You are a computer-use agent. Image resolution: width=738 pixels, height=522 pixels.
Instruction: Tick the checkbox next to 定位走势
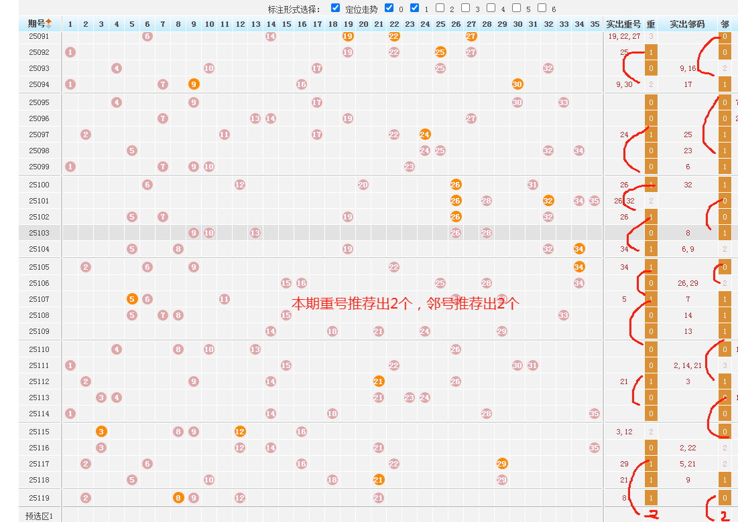(x=336, y=8)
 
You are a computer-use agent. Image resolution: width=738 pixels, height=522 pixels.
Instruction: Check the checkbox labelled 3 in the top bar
(x=466, y=8)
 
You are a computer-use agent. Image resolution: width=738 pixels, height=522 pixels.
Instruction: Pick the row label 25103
(x=39, y=233)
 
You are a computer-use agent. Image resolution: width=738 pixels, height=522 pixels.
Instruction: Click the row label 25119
(x=39, y=498)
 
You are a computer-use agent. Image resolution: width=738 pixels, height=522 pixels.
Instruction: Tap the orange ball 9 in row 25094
(x=194, y=84)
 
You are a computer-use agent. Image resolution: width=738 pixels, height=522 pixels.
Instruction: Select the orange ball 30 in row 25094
(x=517, y=84)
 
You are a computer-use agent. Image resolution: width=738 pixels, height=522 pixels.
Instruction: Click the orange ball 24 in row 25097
(x=425, y=135)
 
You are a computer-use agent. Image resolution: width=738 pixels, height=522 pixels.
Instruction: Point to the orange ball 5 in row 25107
(x=132, y=299)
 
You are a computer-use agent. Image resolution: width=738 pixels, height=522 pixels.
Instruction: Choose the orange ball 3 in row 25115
(x=101, y=432)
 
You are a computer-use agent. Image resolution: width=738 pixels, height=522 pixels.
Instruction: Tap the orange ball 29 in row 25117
(x=502, y=464)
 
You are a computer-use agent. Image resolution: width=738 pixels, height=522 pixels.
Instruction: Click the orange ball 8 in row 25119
(x=178, y=498)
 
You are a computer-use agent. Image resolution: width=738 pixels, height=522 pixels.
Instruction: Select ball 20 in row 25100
(x=363, y=185)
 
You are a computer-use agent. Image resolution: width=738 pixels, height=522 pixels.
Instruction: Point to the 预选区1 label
(x=39, y=516)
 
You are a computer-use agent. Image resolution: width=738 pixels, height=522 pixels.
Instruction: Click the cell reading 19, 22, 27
(x=624, y=36)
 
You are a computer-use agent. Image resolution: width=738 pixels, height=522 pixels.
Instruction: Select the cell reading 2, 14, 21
(x=688, y=365)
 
